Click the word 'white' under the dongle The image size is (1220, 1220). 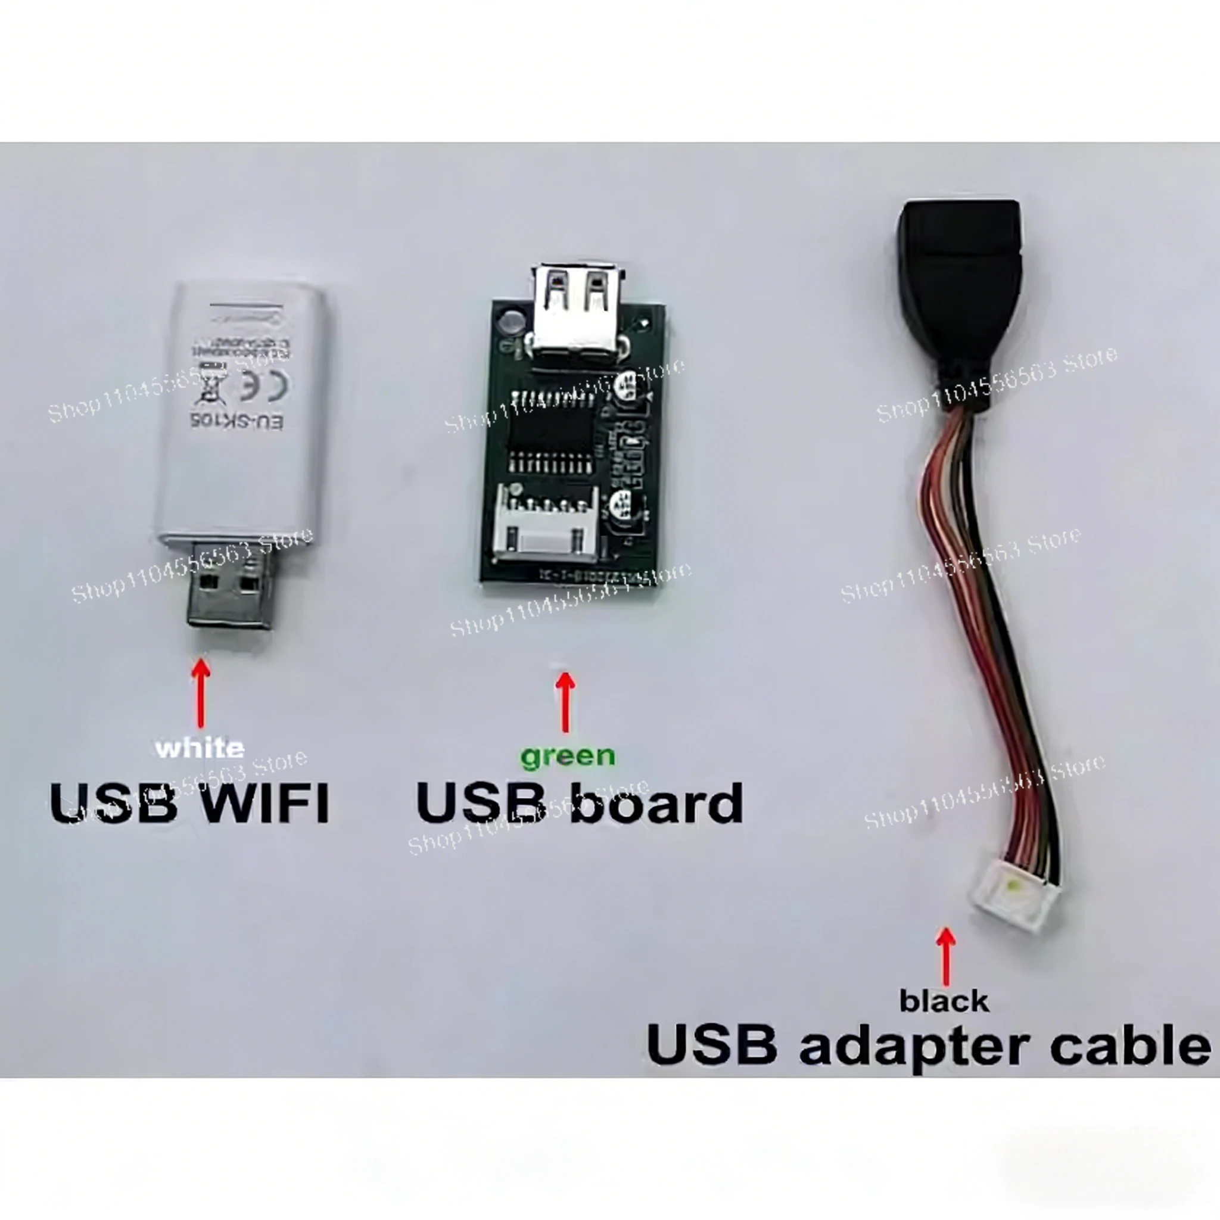click(x=200, y=748)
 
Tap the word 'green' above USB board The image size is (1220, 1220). click(x=567, y=756)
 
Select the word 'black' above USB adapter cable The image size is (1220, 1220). click(x=944, y=1001)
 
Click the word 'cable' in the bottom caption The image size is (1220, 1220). click(x=1130, y=1045)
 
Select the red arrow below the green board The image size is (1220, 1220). click(x=565, y=701)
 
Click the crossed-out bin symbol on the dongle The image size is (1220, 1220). click(x=211, y=385)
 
